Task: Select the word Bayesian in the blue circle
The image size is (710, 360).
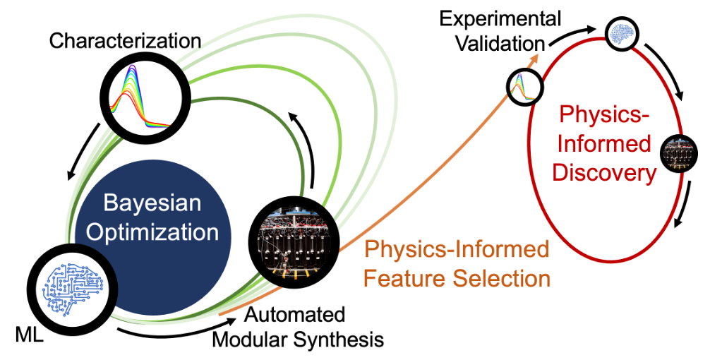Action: (152, 204)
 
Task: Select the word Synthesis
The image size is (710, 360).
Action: (339, 339)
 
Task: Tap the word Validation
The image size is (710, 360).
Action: (500, 43)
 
